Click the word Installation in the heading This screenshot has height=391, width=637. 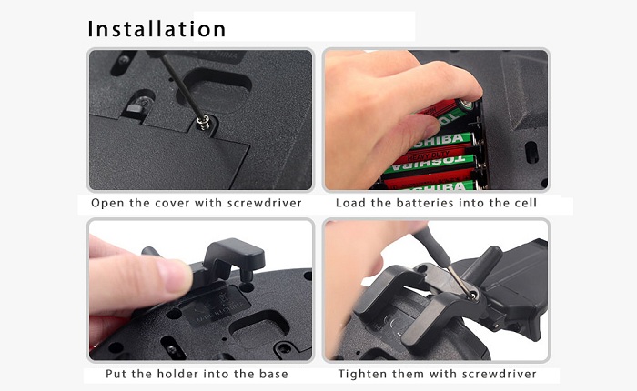[157, 29]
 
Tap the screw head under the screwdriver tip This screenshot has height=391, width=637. [203, 122]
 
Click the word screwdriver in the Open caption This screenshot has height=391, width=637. [265, 203]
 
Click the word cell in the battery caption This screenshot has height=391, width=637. [526, 203]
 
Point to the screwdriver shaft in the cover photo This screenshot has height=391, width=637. [181, 86]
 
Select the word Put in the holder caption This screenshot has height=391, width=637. [116, 374]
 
